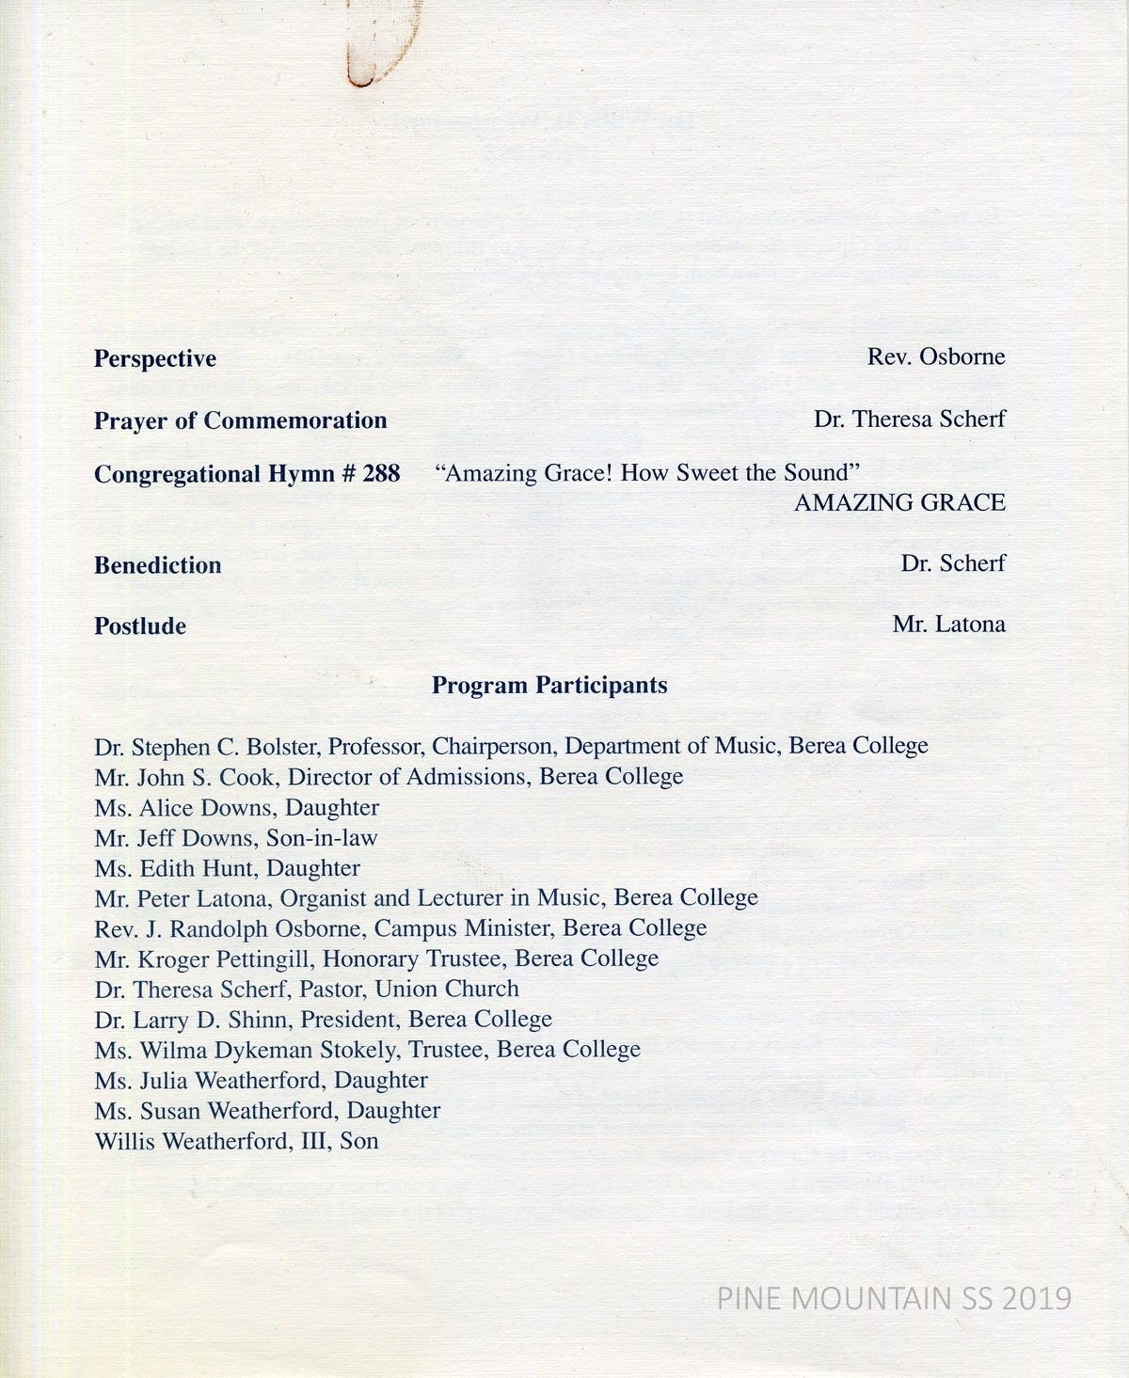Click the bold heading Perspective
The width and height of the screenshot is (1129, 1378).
coord(155,359)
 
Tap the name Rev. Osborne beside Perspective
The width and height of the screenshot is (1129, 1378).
coord(936,357)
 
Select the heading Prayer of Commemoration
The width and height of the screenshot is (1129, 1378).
coord(240,420)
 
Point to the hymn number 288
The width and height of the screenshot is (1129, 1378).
coord(381,474)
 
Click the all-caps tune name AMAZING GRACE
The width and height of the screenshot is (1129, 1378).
coord(899,503)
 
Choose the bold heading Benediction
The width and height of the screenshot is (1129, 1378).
coord(158,565)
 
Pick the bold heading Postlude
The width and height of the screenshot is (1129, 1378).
coord(140,626)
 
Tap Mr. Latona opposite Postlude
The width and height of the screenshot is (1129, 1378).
coord(948,625)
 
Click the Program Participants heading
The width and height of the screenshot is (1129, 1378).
coord(549,686)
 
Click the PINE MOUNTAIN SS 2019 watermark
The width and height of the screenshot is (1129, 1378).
coord(894,1299)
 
